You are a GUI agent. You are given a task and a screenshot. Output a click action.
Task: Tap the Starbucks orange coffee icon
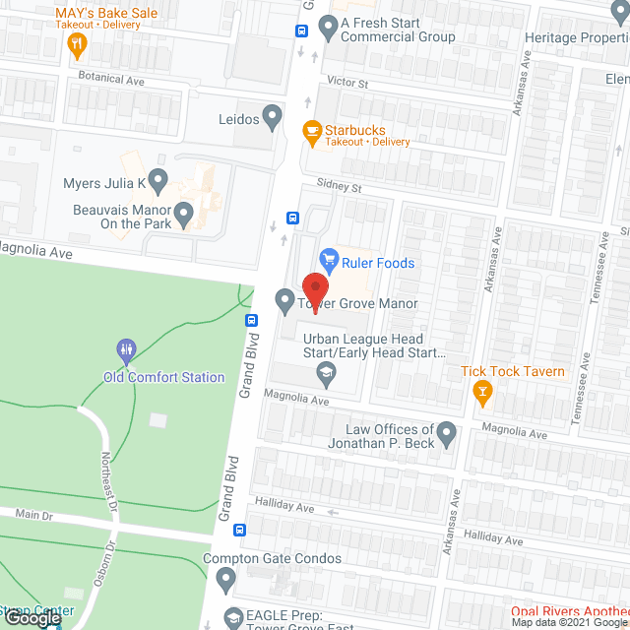(311, 131)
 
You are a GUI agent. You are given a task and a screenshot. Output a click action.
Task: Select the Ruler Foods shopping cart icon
(329, 260)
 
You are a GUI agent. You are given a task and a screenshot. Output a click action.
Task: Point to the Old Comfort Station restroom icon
(126, 349)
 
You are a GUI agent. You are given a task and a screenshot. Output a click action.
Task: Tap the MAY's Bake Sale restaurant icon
(77, 44)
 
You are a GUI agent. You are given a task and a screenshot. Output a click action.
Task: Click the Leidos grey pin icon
(273, 120)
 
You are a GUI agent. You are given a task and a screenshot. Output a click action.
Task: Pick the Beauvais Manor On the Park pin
(183, 211)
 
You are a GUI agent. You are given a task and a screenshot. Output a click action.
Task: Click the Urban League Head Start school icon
(325, 372)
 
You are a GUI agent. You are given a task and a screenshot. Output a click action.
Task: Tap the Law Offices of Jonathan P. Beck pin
(446, 432)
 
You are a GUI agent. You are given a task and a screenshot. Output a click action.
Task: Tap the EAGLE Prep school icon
(233, 618)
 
